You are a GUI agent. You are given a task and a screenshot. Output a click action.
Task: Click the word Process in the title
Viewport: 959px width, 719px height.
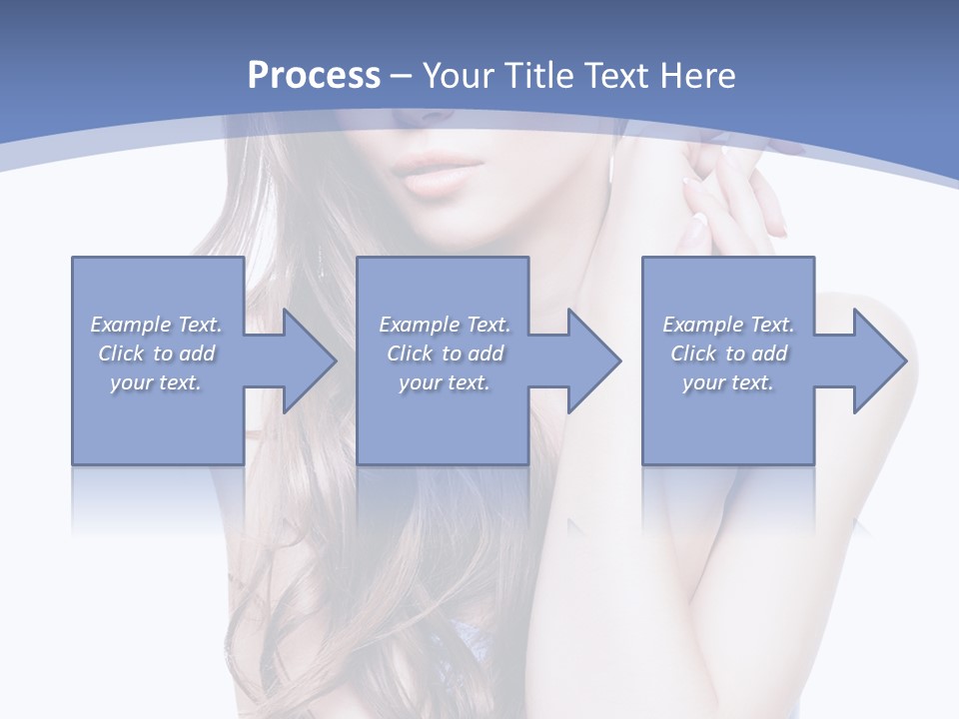[x=314, y=76]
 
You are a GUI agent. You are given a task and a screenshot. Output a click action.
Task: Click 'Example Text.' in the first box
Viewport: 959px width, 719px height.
[x=157, y=325]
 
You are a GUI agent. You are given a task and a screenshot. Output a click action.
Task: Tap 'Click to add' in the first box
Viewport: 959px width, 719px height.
[x=157, y=354]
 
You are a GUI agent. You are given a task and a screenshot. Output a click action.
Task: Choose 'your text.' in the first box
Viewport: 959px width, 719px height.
[x=157, y=382]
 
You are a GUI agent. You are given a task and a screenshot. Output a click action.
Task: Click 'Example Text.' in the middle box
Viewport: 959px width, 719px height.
[x=445, y=325]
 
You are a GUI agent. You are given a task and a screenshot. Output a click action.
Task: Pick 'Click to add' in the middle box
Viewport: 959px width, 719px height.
[x=445, y=354]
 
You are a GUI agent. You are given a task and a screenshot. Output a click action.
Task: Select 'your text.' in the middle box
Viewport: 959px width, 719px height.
[x=445, y=382]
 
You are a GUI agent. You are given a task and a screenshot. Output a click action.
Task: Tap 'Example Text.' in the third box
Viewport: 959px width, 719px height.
[x=728, y=325]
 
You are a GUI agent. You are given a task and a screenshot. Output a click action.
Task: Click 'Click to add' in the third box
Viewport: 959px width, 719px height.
[x=728, y=354]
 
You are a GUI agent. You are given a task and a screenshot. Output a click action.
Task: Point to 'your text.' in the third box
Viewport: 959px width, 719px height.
[x=728, y=382]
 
